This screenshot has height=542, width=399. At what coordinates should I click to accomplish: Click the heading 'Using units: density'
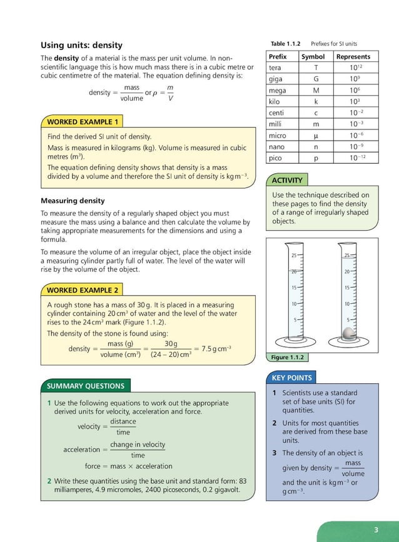81,45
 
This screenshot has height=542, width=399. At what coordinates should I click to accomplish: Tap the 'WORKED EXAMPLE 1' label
82,122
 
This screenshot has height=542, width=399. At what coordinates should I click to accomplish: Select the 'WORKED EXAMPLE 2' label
82,291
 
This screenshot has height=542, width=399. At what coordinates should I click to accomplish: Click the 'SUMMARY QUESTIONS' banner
85,386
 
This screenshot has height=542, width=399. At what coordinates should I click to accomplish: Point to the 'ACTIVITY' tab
287,180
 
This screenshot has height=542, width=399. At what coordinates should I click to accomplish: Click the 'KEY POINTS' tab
291,378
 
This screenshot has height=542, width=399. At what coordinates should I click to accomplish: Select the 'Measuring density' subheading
73,201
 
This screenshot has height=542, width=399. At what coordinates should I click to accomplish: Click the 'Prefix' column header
277,57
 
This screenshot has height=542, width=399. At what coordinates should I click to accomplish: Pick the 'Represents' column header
353,57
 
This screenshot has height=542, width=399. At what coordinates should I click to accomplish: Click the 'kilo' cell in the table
274,101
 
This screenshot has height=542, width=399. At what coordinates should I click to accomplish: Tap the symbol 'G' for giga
316,79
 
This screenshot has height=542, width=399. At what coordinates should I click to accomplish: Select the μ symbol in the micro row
316,135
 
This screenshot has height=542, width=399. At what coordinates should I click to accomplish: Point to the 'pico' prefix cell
275,158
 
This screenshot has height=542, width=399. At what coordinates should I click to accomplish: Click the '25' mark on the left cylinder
293,255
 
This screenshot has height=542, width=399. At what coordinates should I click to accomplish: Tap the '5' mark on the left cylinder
295,319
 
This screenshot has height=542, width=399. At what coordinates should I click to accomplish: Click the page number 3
376,530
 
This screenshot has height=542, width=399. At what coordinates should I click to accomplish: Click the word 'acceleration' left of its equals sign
81,449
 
